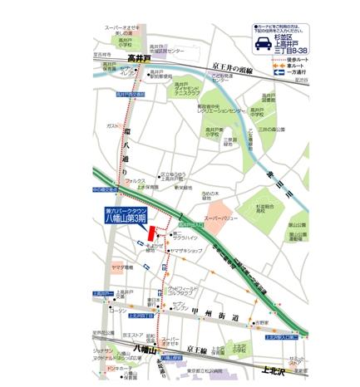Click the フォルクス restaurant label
point(136,180)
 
